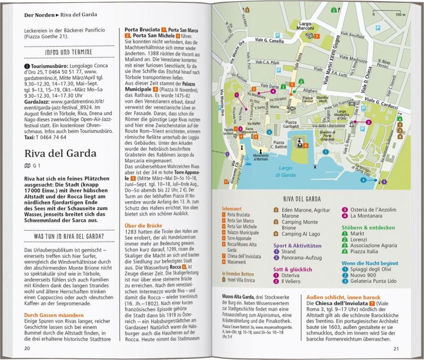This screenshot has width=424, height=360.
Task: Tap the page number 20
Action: [27, 348]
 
